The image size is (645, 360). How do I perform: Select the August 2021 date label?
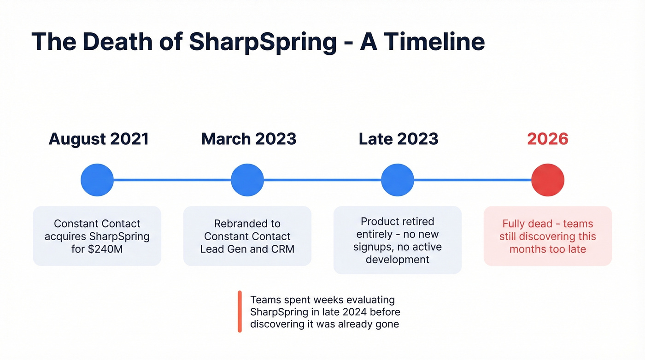[x=99, y=139]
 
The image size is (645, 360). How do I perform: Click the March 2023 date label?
[x=249, y=139]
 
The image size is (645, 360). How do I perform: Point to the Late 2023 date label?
[x=399, y=139]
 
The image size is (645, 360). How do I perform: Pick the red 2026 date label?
[x=547, y=139]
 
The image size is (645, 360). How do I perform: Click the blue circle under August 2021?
[x=97, y=180]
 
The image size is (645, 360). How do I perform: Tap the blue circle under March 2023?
[x=247, y=180]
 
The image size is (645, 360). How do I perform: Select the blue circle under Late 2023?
[x=398, y=180]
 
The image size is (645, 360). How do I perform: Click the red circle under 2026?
[x=548, y=180]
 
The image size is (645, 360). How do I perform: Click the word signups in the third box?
[x=372, y=247]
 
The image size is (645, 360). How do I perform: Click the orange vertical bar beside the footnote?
[x=240, y=312]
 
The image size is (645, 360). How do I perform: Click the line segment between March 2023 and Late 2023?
[x=322, y=180]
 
